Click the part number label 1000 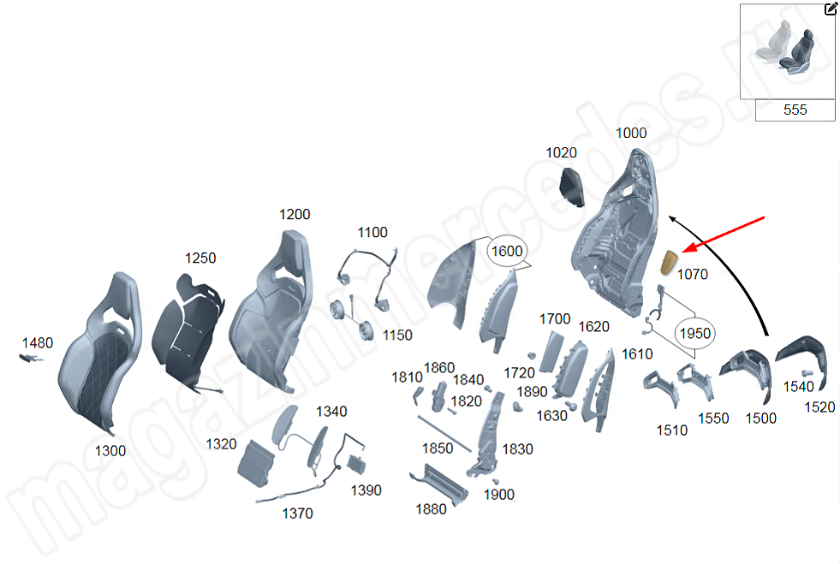point(631,133)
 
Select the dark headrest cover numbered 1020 point(571,186)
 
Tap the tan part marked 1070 point(670,260)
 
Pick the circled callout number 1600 point(505,252)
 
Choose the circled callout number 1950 point(694,332)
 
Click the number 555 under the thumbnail point(795,110)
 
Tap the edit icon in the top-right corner point(831,9)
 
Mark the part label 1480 point(37,342)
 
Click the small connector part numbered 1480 point(31,358)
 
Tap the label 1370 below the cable point(297,514)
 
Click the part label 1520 point(819,407)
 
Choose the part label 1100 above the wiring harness point(372,232)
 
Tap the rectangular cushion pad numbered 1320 point(257,463)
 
